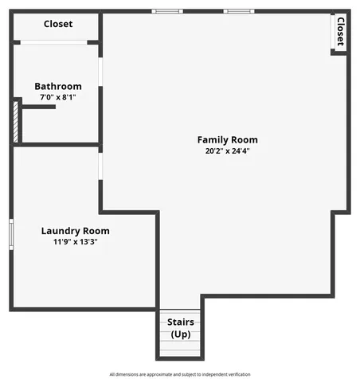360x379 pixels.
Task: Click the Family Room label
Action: pyautogui.click(x=227, y=140)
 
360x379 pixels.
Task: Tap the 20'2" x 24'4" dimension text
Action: pyautogui.click(x=227, y=151)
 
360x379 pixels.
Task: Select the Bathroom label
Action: pyautogui.click(x=58, y=86)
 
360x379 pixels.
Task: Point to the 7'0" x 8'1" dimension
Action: pyautogui.click(x=58, y=97)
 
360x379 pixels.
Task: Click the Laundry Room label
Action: pyautogui.click(x=76, y=231)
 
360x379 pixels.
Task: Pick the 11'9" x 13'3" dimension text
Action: pyautogui.click(x=76, y=242)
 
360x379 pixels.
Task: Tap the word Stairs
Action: pyautogui.click(x=181, y=322)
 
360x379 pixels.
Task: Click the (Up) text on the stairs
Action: pyautogui.click(x=181, y=334)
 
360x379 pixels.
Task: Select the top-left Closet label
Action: pyautogui.click(x=58, y=24)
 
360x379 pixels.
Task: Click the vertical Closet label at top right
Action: pyautogui.click(x=341, y=32)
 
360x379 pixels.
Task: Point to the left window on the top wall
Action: pyautogui.click(x=167, y=11)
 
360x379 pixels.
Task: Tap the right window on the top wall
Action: pyautogui.click(x=239, y=11)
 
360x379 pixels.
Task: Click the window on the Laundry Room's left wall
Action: pyautogui.click(x=11, y=234)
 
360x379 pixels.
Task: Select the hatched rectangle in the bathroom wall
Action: pyautogui.click(x=16, y=122)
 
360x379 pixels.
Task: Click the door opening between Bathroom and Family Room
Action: pyautogui.click(x=100, y=72)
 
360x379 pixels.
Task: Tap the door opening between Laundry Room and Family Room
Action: pyautogui.click(x=100, y=166)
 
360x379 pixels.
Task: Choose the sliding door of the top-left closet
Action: pyautogui.click(x=53, y=42)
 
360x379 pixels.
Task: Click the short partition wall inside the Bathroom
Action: pyautogui.click(x=39, y=107)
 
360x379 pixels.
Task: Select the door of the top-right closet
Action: pyautogui.click(x=333, y=32)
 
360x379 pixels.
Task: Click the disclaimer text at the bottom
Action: pyautogui.click(x=180, y=374)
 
